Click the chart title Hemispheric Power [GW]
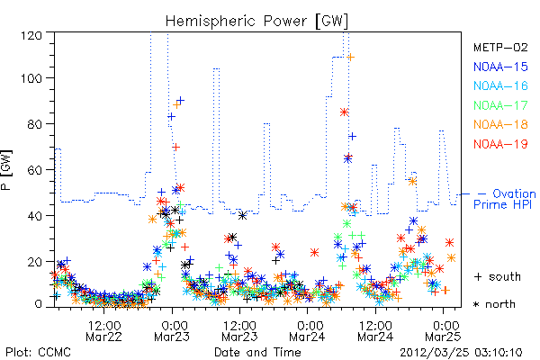tap(256, 21)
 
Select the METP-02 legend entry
tap(500, 47)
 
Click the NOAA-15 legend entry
tap(500, 67)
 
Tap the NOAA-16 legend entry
tap(500, 85)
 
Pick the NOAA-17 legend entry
tap(500, 105)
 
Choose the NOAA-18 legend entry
tap(500, 124)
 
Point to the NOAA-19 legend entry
tap(500, 144)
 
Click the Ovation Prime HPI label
tap(505, 199)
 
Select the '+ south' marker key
tap(498, 276)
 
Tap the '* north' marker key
tap(494, 304)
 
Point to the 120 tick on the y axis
tap(31, 35)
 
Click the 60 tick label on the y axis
tap(35, 170)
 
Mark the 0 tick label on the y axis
tap(39, 304)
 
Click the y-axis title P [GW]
tap(6, 170)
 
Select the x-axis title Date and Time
tap(257, 352)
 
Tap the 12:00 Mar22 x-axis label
tap(104, 331)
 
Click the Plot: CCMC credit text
tap(38, 352)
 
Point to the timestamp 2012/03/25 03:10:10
tap(461, 353)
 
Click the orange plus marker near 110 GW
tap(351, 58)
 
